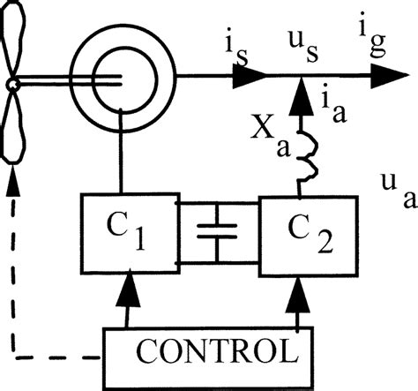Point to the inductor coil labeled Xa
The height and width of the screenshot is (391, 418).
tap(299, 155)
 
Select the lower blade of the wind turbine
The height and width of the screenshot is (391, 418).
tap(14, 129)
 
